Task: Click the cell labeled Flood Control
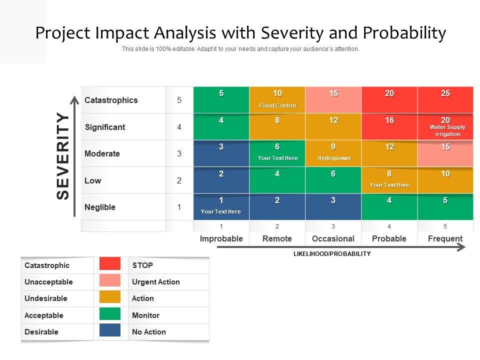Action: click(x=277, y=100)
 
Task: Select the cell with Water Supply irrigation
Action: click(x=445, y=127)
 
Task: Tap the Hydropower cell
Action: click(x=333, y=153)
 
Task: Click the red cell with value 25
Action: click(x=445, y=99)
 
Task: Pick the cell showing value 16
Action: click(x=389, y=126)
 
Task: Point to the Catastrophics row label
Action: click(x=111, y=100)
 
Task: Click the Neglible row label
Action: click(x=100, y=207)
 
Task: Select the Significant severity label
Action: click(x=105, y=127)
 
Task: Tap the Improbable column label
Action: click(x=221, y=238)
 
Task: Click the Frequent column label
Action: click(x=445, y=238)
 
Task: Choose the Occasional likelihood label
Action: click(x=333, y=238)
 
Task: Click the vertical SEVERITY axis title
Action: click(x=63, y=155)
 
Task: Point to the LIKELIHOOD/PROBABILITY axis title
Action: click(x=332, y=254)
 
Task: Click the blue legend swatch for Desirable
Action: click(x=110, y=330)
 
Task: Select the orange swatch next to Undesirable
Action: click(x=110, y=297)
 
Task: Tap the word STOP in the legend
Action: click(x=142, y=265)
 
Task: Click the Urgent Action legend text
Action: click(x=155, y=282)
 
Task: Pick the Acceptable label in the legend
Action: click(x=44, y=315)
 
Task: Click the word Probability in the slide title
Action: click(x=404, y=33)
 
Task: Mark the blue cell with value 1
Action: click(x=221, y=206)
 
